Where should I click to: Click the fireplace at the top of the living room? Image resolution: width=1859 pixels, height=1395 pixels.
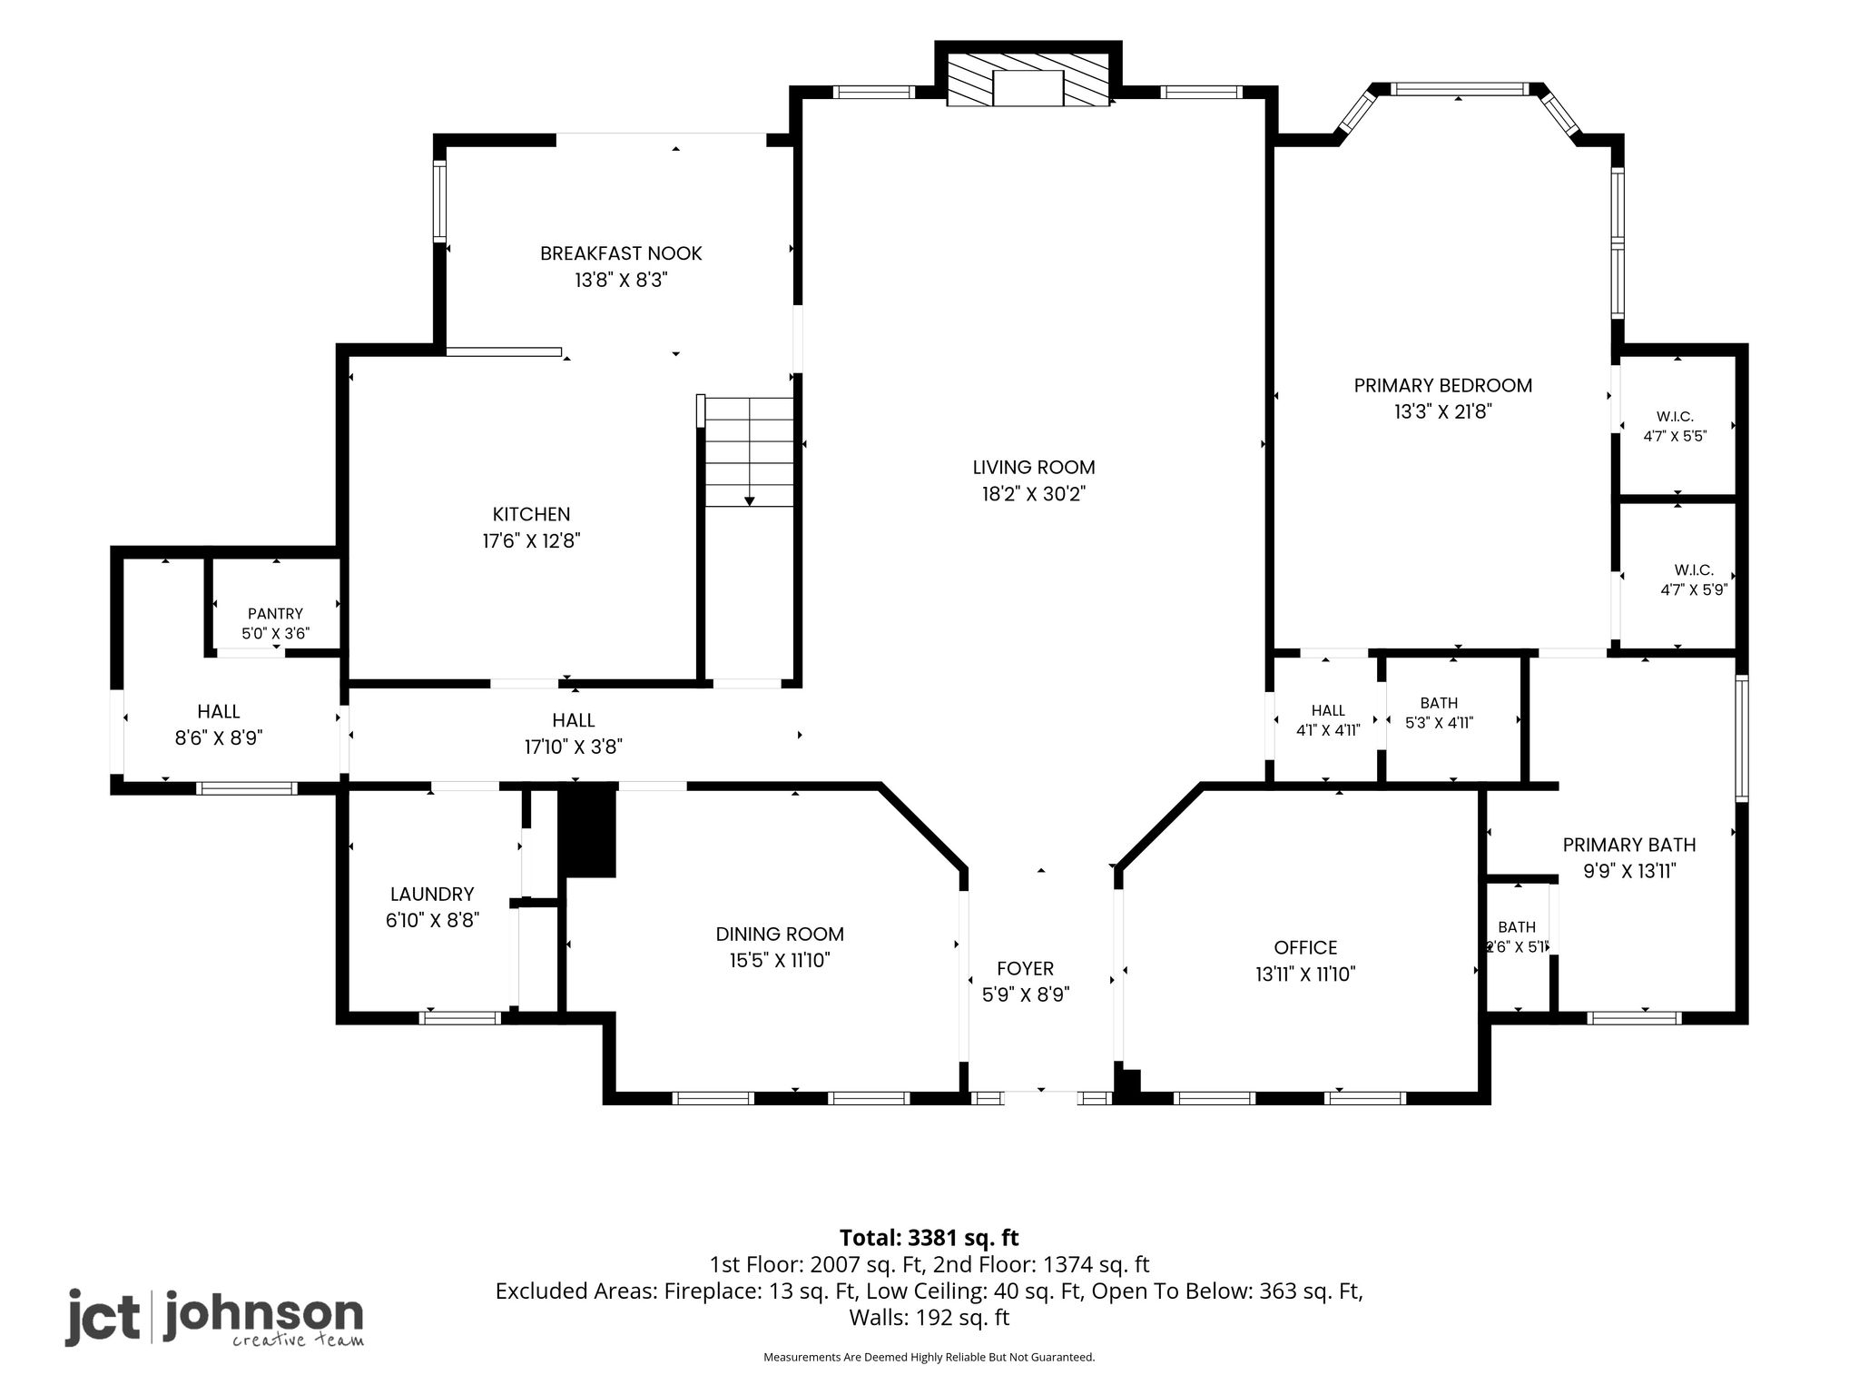pyautogui.click(x=1028, y=79)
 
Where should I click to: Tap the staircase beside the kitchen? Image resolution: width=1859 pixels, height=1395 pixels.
pyautogui.click(x=749, y=451)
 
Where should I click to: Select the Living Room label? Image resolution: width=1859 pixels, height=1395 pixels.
pyautogui.click(x=1034, y=468)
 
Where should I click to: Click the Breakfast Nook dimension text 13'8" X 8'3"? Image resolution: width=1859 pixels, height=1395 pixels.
pyautogui.click(x=621, y=280)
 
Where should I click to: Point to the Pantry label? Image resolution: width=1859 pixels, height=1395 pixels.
pyautogui.click(x=275, y=614)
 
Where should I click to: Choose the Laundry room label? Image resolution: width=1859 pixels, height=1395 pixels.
pyautogui.click(x=432, y=895)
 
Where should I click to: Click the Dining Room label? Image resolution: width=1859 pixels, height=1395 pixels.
pyautogui.click(x=780, y=934)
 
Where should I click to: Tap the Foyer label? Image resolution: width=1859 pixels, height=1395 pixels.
pyautogui.click(x=1026, y=968)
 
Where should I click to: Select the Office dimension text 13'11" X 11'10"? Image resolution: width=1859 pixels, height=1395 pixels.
pyautogui.click(x=1305, y=975)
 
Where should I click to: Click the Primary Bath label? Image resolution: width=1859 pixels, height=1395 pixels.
pyautogui.click(x=1629, y=845)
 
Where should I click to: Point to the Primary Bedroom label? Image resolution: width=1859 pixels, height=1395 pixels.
pyautogui.click(x=1443, y=385)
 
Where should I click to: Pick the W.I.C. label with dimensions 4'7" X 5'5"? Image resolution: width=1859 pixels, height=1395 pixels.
pyautogui.click(x=1675, y=417)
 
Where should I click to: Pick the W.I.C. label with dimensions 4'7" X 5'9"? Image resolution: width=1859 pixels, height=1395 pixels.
pyautogui.click(x=1694, y=570)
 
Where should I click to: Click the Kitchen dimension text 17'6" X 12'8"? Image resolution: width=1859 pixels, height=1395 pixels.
pyautogui.click(x=531, y=541)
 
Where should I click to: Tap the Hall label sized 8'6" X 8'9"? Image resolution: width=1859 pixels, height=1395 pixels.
pyautogui.click(x=219, y=712)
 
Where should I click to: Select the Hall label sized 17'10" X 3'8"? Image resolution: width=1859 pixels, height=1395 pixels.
pyautogui.click(x=574, y=720)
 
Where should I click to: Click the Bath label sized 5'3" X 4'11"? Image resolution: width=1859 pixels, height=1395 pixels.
pyautogui.click(x=1439, y=703)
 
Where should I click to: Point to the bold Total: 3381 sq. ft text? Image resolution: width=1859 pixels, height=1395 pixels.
pyautogui.click(x=929, y=1237)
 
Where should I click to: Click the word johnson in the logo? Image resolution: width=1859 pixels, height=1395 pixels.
pyautogui.click(x=263, y=1313)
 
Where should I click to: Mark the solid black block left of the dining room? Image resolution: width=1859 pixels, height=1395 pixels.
pyautogui.click(x=587, y=832)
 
